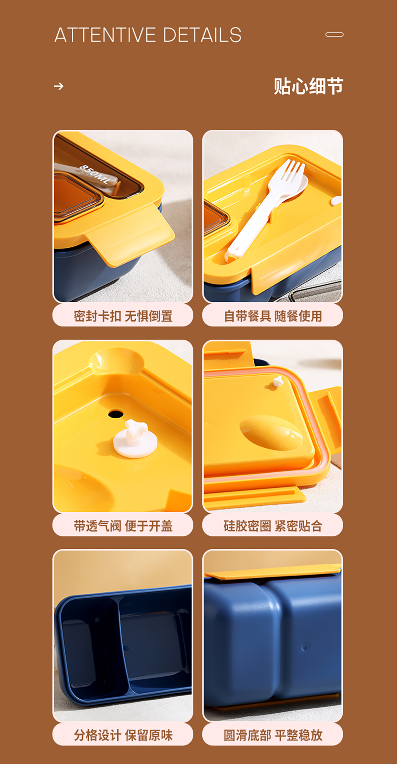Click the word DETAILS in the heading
tap(202, 35)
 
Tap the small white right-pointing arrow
tap(59, 86)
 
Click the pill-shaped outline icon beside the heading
tap(334, 34)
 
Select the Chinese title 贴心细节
tap(308, 86)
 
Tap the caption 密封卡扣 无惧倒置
tap(123, 316)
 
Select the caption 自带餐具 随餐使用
tap(273, 316)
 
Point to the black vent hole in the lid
tap(115, 414)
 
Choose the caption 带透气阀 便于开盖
tap(123, 526)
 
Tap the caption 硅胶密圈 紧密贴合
tap(273, 526)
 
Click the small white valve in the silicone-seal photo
tap(278, 381)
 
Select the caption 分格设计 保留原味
tap(123, 735)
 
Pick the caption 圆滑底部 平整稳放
tap(273, 735)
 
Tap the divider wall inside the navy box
tap(122, 646)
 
